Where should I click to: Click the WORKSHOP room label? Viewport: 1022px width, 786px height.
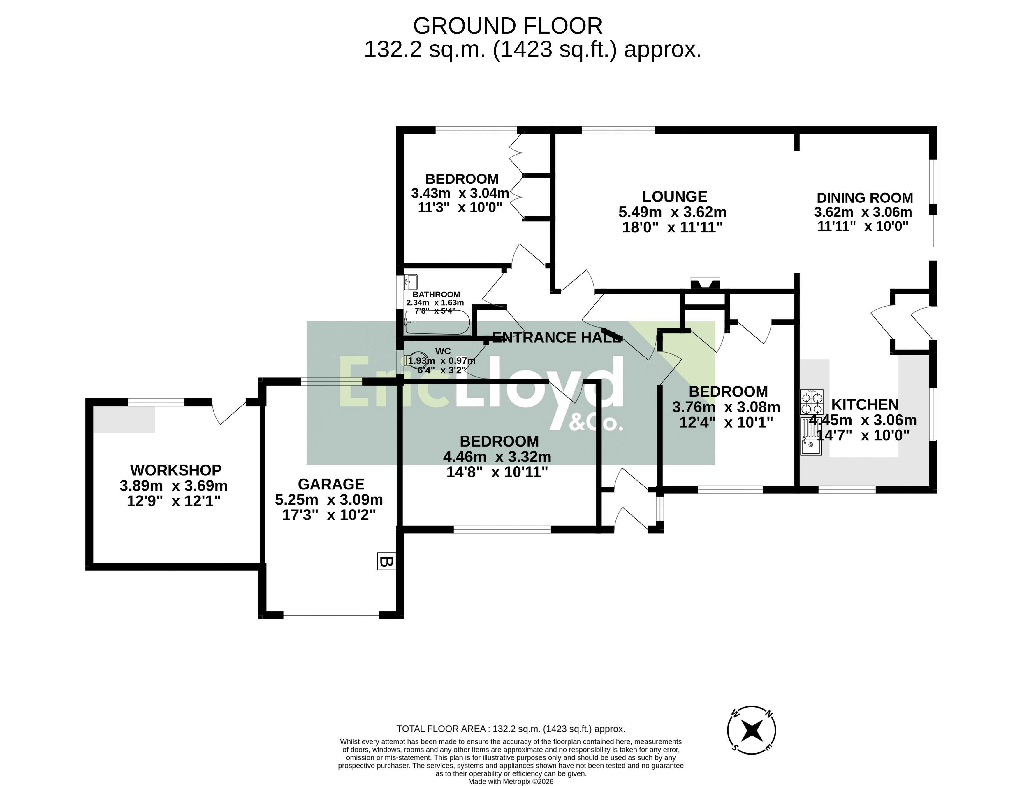coord(176,470)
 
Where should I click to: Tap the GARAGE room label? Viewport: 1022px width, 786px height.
coord(331,484)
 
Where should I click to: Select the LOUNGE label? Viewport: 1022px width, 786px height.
coord(675,197)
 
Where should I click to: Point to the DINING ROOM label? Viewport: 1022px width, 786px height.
coord(864,198)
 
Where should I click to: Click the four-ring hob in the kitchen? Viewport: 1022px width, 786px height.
coord(812,402)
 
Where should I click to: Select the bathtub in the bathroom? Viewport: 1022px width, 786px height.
coord(438,322)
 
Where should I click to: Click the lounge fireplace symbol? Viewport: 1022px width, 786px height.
coord(705,283)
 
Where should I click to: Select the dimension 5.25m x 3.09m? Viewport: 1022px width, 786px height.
coord(329,500)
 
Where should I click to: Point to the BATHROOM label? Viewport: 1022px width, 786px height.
coord(436,294)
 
